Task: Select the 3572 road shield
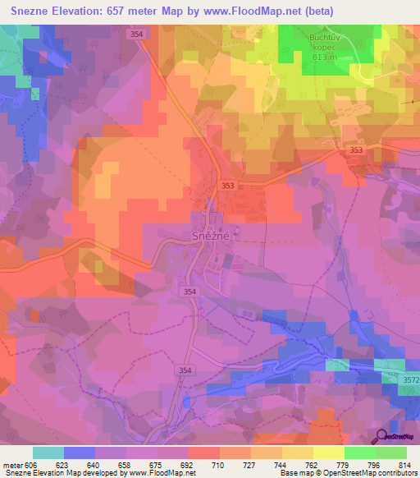[x=409, y=379]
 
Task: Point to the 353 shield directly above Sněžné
[x=227, y=186]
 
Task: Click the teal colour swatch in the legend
[x=48, y=453]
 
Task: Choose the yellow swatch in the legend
[x=328, y=453]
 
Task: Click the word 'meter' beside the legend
[x=11, y=465]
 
